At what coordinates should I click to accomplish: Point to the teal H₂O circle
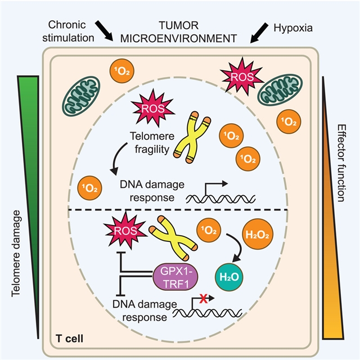point(231,276)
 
